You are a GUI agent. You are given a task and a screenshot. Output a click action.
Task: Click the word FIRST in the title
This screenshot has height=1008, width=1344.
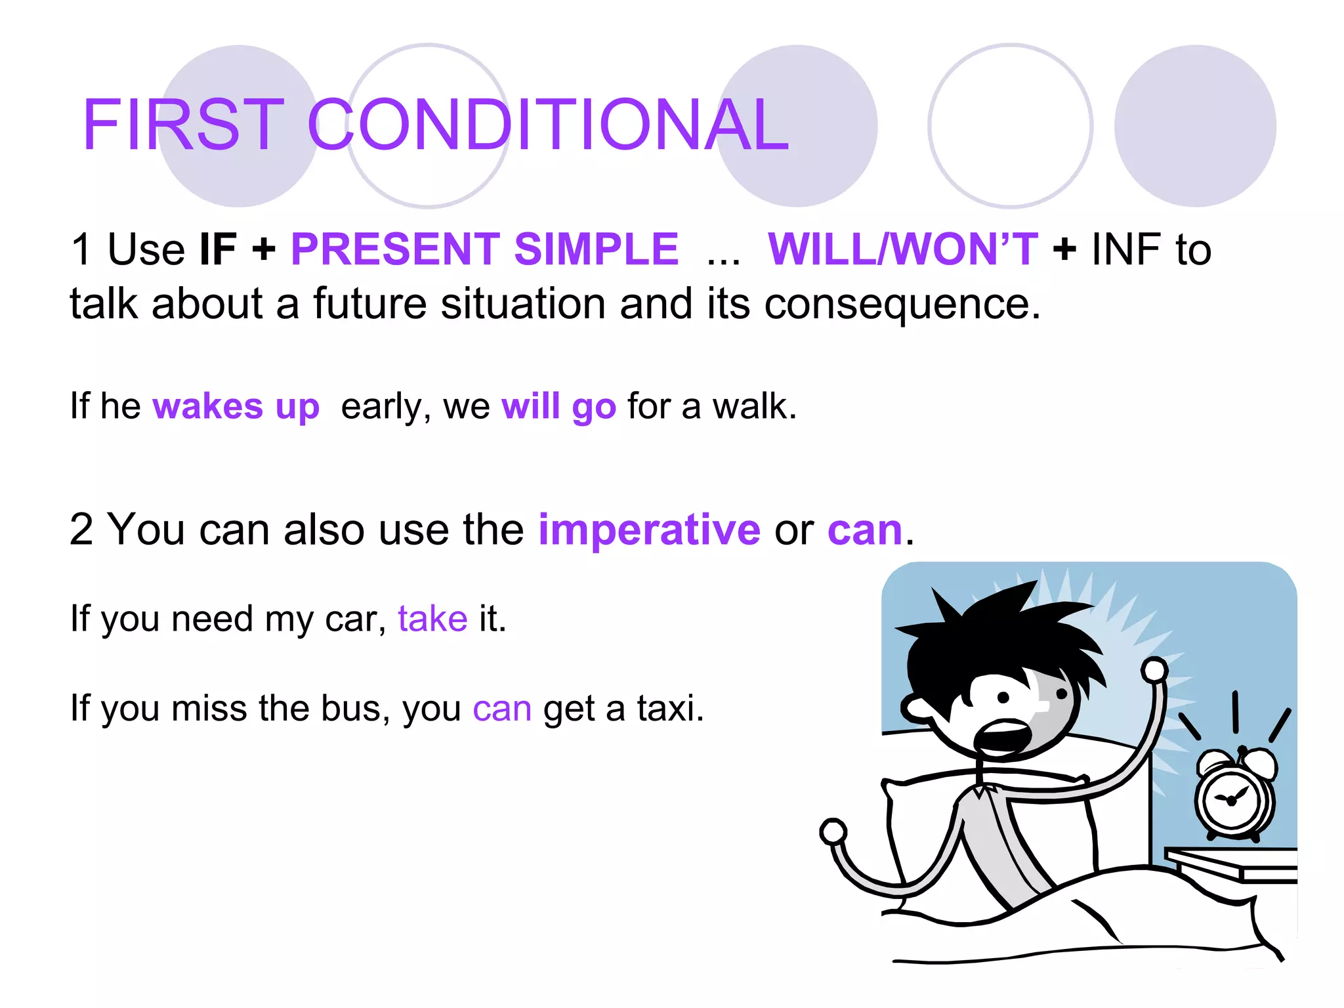pos(183,125)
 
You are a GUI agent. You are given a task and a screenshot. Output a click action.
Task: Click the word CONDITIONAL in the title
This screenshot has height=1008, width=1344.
pos(548,125)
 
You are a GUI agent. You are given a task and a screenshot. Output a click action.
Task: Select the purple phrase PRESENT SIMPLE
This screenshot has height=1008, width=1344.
pos(484,249)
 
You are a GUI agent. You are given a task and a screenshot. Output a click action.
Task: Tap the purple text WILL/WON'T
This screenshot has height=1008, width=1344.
pos(902,249)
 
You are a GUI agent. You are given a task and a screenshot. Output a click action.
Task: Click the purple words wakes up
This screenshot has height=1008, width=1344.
pos(236,407)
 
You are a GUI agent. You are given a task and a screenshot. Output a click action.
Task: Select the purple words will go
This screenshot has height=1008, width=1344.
pos(558,407)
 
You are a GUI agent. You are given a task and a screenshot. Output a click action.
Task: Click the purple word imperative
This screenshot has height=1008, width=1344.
pos(649,530)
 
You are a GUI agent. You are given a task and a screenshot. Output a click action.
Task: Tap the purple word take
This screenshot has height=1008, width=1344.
pos(432,619)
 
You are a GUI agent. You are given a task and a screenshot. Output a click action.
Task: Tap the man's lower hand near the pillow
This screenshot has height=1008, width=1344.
pos(833,832)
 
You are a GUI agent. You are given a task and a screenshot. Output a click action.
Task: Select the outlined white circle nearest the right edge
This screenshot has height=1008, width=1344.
pos(1010,126)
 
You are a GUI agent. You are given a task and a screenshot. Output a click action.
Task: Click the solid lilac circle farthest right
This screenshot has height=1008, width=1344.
pos(1195,126)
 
